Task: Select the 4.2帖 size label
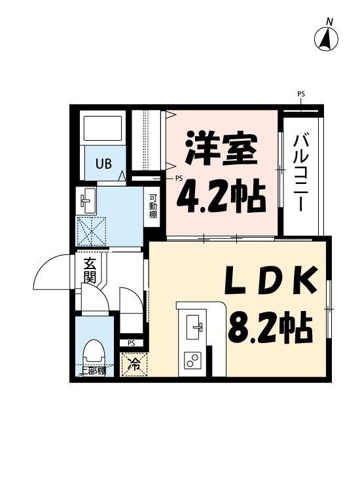[x=221, y=195]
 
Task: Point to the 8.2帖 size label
[x=270, y=326]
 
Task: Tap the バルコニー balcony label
[x=301, y=172]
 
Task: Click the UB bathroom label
[x=104, y=164]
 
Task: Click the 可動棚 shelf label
[x=153, y=207]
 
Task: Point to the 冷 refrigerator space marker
[x=134, y=364]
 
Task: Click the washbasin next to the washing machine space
[x=88, y=202]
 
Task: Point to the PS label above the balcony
[x=301, y=94]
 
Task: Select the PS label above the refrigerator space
[x=132, y=342]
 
